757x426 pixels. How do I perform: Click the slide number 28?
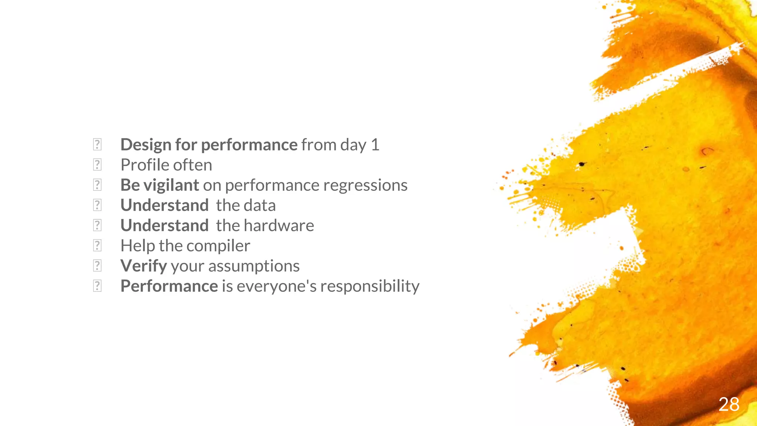point(729,404)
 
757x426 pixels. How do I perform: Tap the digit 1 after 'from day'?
point(375,145)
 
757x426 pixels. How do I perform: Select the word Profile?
point(145,165)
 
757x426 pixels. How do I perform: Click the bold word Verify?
point(144,266)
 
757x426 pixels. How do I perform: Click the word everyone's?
point(276,286)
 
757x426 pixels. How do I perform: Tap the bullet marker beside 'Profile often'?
point(97,165)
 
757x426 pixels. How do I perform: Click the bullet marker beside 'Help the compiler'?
point(97,245)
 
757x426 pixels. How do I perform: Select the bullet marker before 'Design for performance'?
point(97,144)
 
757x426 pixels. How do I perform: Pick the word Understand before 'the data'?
point(164,206)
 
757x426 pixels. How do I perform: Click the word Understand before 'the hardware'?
point(164,226)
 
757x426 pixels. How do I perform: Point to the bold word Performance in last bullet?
point(169,286)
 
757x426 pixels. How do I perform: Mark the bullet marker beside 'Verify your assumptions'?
point(97,266)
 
